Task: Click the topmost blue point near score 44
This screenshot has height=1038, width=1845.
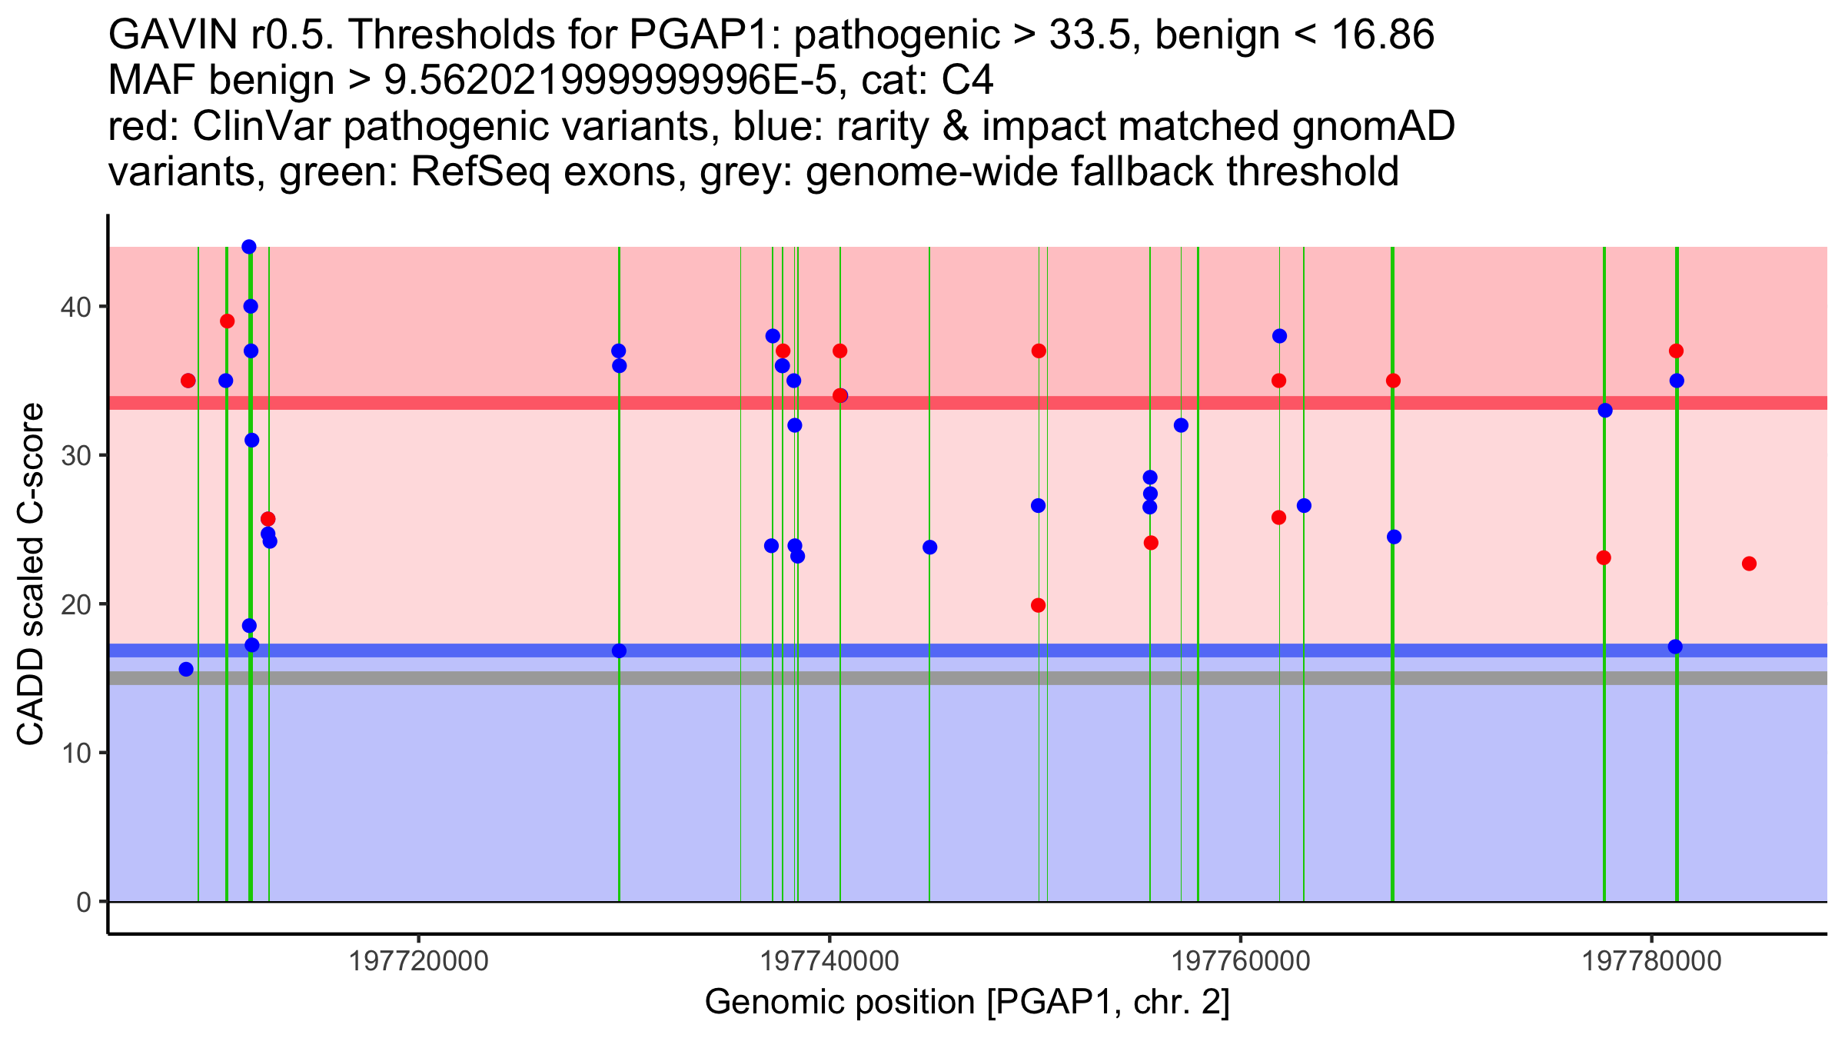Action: [249, 247]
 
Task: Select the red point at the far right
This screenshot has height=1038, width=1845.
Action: [1749, 564]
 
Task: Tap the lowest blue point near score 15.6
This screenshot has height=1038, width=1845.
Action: [186, 669]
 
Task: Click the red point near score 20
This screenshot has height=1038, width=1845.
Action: [1038, 605]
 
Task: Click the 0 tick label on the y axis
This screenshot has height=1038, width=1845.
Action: [84, 902]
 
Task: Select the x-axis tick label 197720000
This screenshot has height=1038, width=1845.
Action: [419, 961]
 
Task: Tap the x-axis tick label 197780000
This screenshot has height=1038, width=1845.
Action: [1651, 961]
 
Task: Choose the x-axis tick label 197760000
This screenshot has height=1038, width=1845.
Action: [1241, 961]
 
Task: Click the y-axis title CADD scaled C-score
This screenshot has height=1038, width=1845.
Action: [31, 574]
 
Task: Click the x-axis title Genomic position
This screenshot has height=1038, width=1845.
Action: [967, 1003]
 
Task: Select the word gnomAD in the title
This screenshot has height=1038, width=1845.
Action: [1374, 126]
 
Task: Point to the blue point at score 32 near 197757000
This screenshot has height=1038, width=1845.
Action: [1181, 425]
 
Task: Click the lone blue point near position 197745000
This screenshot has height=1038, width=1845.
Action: [929, 547]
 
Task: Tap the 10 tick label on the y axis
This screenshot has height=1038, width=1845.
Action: [75, 753]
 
